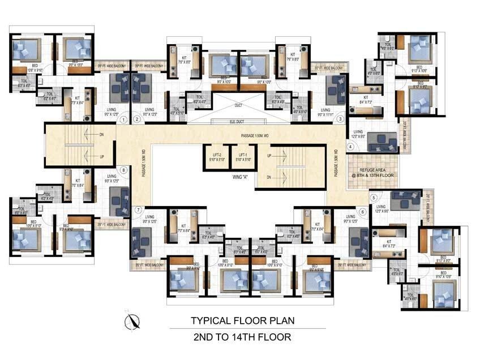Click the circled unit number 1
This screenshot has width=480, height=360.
click(x=123, y=119)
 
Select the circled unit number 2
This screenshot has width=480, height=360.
click(x=137, y=119)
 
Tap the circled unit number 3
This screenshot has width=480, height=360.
click(x=340, y=119)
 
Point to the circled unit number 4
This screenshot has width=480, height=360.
click(x=350, y=147)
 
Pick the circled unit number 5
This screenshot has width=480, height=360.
click(x=373, y=198)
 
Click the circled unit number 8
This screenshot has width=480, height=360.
click(x=123, y=170)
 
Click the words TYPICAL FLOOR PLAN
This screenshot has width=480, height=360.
click(x=242, y=320)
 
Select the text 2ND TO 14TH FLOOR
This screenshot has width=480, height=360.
click(x=242, y=337)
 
